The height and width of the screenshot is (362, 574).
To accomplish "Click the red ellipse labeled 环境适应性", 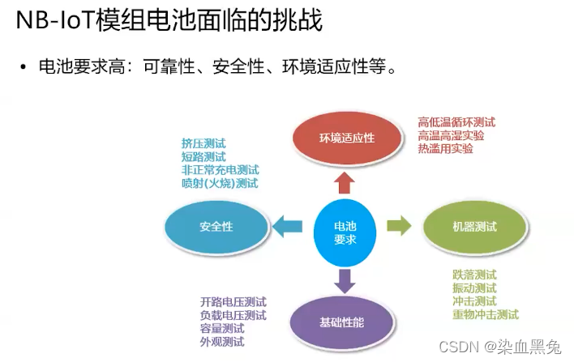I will point(346,137).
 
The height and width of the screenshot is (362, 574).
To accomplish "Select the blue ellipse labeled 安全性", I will point(216,226).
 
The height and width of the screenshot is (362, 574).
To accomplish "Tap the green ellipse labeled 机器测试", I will point(475,226).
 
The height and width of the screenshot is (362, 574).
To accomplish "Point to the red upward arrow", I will point(345,180).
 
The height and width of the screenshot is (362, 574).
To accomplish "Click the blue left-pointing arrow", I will point(286,227).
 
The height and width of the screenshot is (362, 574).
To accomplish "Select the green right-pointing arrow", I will point(399,226).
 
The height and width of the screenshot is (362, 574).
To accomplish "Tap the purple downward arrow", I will point(345,279).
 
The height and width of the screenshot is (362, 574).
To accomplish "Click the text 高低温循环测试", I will point(456,122).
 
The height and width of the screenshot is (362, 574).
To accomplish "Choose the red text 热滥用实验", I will point(445,149).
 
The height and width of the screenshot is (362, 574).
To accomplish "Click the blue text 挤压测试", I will point(203,143).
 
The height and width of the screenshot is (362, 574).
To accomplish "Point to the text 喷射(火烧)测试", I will point(220,184).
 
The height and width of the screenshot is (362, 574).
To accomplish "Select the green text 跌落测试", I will point(474,275).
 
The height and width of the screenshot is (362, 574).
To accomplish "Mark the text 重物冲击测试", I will point(486,314).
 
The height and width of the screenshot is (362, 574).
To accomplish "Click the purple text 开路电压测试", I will point(233,302).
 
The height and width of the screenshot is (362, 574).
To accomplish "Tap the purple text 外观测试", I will point(222,342).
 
